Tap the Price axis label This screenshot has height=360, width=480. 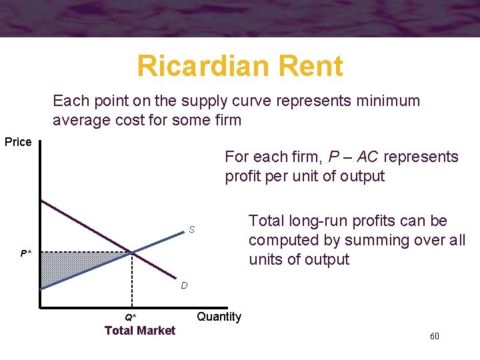point(18,142)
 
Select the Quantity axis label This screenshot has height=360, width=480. point(219,317)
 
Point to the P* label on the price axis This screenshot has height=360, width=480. point(25,253)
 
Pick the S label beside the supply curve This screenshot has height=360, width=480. point(191,230)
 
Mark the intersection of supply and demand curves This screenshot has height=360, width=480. point(132,252)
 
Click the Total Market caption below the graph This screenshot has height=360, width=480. point(140,331)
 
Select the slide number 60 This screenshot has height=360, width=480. point(434,336)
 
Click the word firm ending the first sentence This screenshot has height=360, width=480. point(227,121)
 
